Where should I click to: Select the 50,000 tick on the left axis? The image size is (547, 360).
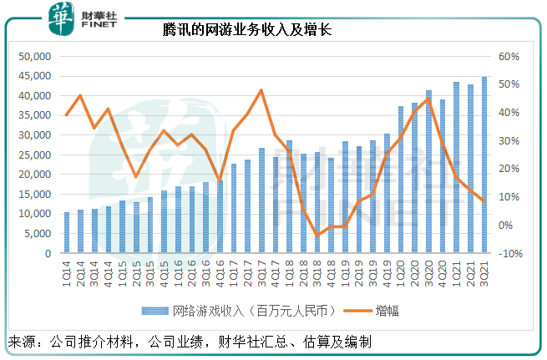[x=34, y=57]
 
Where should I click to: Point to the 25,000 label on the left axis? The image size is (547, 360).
[x=34, y=155]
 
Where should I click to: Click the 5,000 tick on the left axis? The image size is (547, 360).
[x=37, y=233]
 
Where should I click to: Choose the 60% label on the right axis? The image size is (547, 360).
[x=510, y=57]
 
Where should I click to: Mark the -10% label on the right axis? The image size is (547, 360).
[x=510, y=253]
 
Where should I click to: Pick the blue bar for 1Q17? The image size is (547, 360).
[x=234, y=209]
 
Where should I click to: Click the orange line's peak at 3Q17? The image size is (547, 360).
[x=261, y=90]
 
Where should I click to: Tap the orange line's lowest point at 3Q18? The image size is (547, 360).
[x=317, y=235]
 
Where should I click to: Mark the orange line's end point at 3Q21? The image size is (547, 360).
[x=484, y=200]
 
